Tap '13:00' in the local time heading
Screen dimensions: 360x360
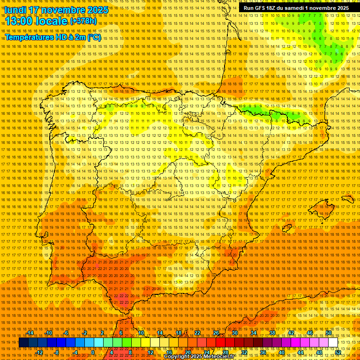pyautogui.click(x=19, y=21)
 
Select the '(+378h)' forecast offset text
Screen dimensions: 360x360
pyautogui.click(x=83, y=21)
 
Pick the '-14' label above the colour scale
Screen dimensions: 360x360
pyautogui.click(x=30, y=333)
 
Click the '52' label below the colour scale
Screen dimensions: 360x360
pyautogui.click(x=337, y=352)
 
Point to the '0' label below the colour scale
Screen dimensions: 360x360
pyautogui.click(x=93, y=352)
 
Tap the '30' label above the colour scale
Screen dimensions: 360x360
pyautogui.click(x=234, y=333)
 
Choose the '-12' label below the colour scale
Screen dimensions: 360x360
pyautogui.click(x=39, y=352)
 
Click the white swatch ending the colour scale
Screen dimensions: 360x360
pyautogui.click(x=333, y=343)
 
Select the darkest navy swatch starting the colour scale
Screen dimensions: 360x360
pyautogui.click(x=23, y=343)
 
